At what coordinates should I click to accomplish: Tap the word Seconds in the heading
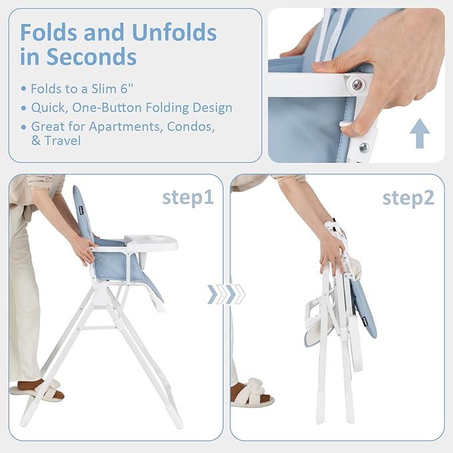tap(91, 57)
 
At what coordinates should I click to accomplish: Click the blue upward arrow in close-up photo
tap(419, 133)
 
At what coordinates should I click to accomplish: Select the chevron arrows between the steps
tap(226, 294)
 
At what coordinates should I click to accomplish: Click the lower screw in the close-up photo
tap(364, 147)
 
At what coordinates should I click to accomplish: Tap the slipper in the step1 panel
tap(37, 390)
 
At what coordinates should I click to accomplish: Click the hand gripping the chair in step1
tap(84, 250)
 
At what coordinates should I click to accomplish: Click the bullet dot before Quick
tap(25, 108)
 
